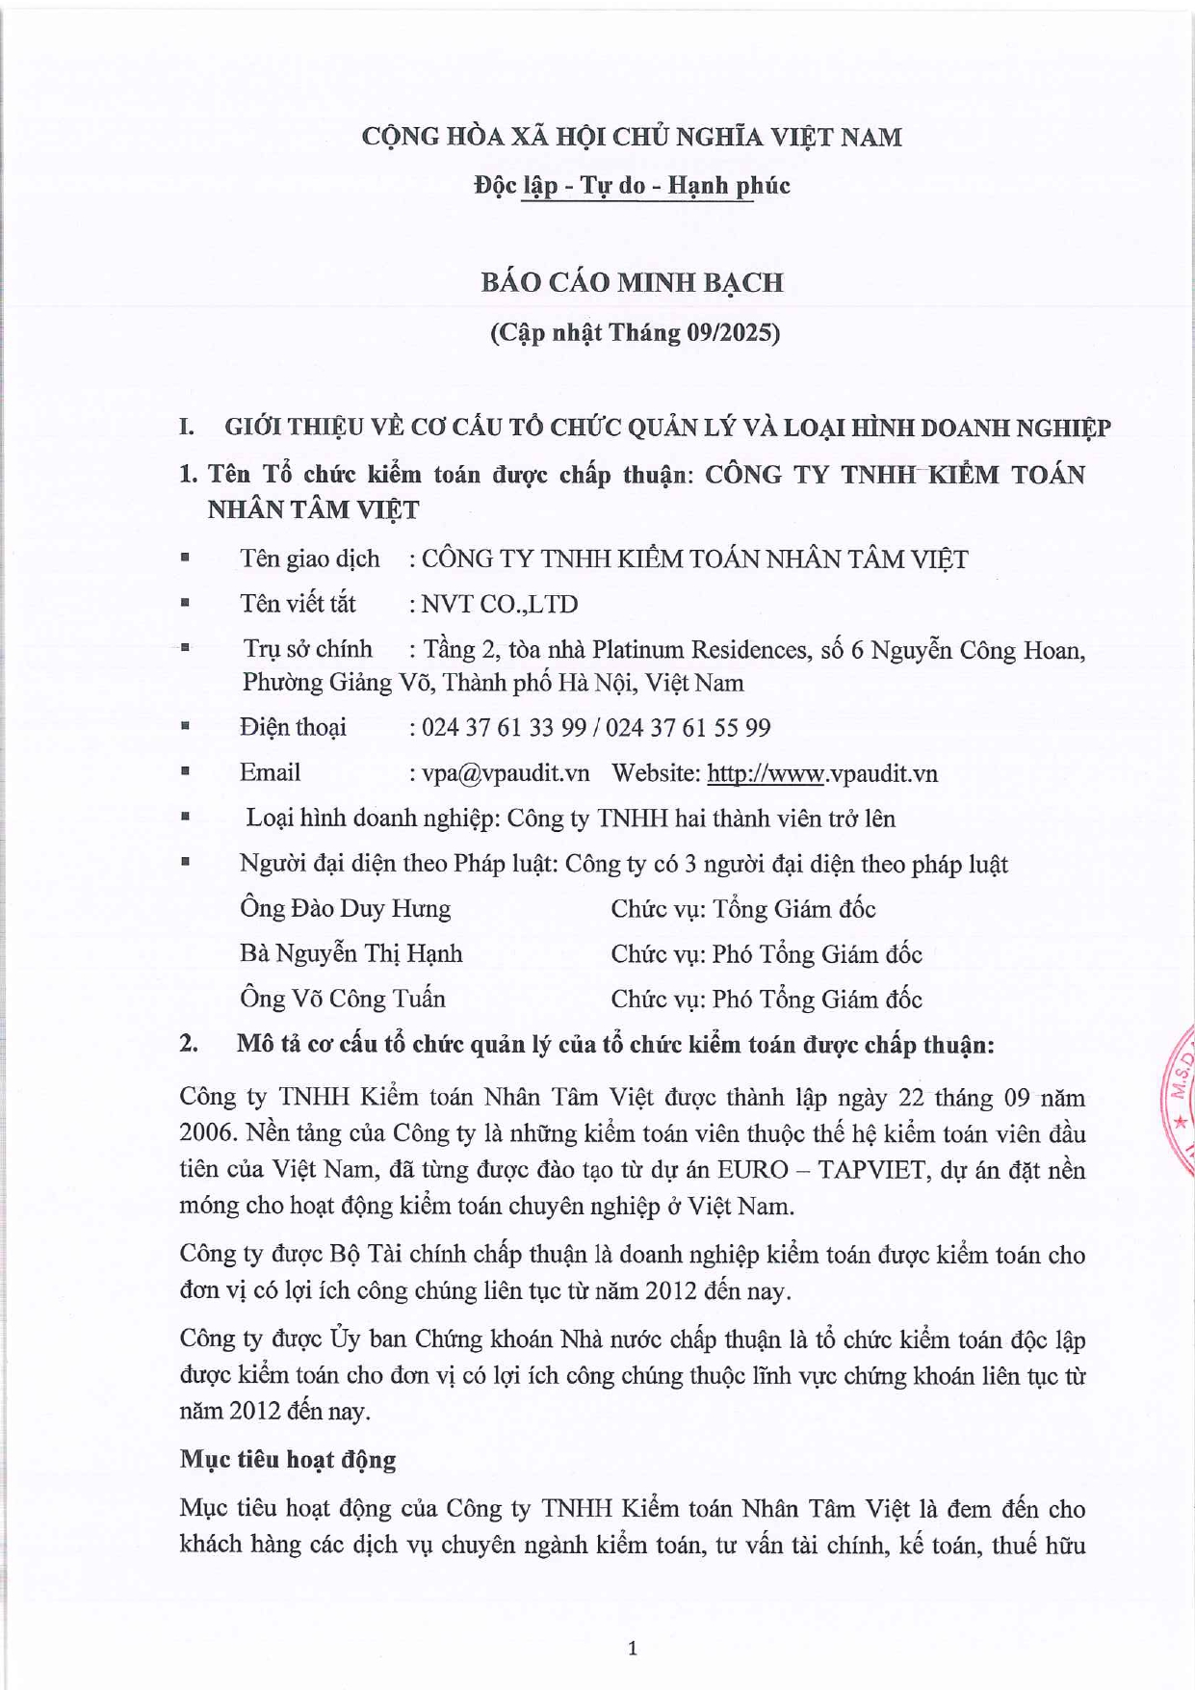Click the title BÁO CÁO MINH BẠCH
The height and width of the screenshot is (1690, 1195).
point(632,282)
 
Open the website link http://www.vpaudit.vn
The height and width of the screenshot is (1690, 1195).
point(822,773)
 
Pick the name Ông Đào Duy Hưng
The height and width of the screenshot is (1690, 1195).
point(345,909)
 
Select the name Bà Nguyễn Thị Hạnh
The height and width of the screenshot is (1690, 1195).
point(351,954)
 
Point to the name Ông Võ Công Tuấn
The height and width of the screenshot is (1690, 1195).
point(342,999)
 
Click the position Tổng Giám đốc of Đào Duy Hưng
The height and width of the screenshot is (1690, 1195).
point(793,909)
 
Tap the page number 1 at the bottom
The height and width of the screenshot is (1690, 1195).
point(633,1649)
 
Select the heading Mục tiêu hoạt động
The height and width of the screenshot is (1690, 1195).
point(287,1460)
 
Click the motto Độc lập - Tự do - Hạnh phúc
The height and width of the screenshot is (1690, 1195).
point(632,185)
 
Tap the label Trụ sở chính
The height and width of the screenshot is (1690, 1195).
point(307,650)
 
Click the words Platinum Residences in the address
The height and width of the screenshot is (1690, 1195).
point(699,650)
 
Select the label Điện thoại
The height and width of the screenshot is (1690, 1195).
point(293,728)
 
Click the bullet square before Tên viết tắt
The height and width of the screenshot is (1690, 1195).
point(184,604)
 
